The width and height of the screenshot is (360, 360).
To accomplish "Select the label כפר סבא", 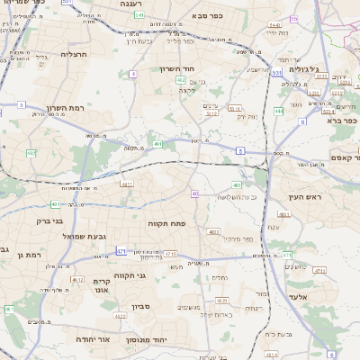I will point(209,15).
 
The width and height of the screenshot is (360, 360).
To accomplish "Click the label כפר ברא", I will point(344,120).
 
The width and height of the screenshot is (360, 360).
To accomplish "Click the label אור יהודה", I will point(92,340).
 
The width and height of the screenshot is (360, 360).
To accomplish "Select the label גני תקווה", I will point(130,275).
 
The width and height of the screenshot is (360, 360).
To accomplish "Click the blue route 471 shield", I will point(121,251).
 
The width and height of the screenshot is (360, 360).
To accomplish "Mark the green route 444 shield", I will point(279,111).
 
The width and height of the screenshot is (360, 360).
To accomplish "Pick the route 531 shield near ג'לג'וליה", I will point(277,71).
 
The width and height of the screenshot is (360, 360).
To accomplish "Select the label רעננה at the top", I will point(134,4).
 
